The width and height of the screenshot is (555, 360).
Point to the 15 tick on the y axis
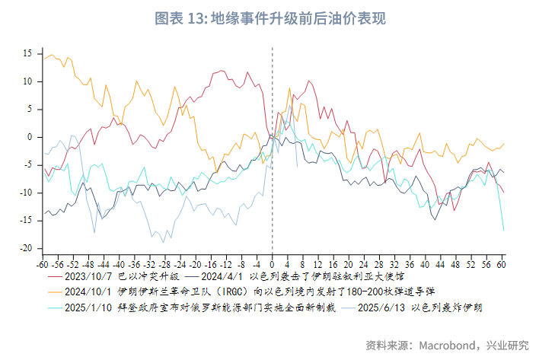27,53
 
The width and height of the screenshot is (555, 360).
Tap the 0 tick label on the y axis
29,137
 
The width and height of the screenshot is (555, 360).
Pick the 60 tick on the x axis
502,265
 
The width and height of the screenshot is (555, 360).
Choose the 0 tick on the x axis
273,265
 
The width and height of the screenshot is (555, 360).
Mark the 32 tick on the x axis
394,265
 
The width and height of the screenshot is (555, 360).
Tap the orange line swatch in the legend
54,292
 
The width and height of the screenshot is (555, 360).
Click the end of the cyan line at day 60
503,230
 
